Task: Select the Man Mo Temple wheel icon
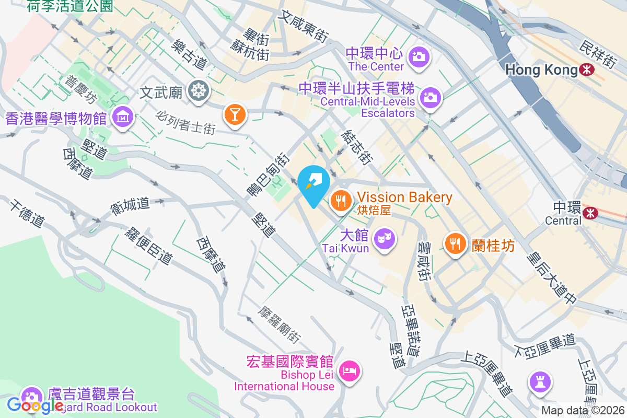[x=199, y=90]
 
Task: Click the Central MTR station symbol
[x=591, y=212]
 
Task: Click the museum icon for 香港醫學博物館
[x=124, y=117]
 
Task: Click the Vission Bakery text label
[x=404, y=198]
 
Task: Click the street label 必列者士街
[x=185, y=121]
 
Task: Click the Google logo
[x=36, y=405]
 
